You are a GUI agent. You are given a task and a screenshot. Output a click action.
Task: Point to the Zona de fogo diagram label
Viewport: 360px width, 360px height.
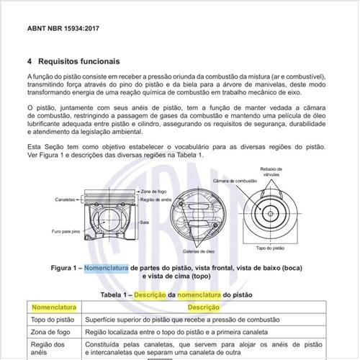point(149,189)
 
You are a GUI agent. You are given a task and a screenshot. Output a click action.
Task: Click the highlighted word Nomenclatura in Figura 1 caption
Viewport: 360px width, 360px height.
point(106,268)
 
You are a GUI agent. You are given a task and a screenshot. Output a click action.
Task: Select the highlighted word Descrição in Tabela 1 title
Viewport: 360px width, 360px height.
point(166,294)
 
